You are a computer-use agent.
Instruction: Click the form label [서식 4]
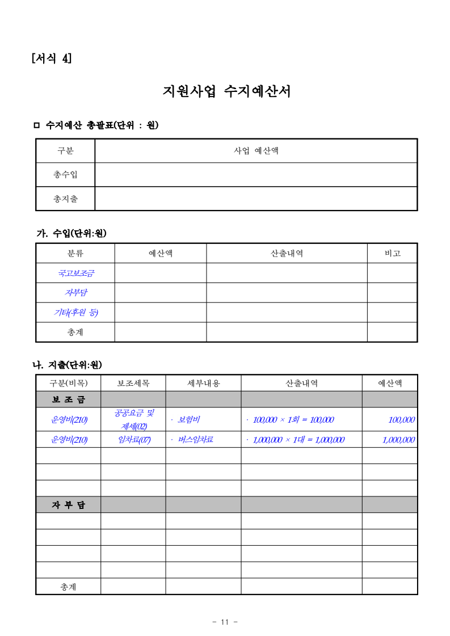[x=52, y=58]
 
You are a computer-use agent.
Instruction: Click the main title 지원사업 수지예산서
[x=226, y=91]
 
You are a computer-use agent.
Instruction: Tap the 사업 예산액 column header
[x=256, y=151]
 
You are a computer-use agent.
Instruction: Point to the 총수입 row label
[x=65, y=175]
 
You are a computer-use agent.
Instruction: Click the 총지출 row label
[x=65, y=199]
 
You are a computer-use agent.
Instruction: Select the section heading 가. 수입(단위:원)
[x=72, y=233]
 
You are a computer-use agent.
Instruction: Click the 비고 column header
[x=392, y=254]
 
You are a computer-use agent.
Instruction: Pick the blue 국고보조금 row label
[x=75, y=273]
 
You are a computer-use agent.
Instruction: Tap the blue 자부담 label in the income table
[x=75, y=293]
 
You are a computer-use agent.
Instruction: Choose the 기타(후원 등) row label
[x=75, y=313]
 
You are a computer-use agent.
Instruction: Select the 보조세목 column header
[x=133, y=384]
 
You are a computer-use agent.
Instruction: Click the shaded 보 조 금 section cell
[x=68, y=399]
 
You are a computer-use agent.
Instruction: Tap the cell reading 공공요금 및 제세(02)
[x=133, y=419]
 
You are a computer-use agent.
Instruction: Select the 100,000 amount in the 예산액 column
[x=401, y=420]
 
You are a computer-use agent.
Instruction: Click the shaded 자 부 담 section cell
[x=68, y=505]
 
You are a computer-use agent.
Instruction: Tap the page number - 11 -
[x=225, y=622]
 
